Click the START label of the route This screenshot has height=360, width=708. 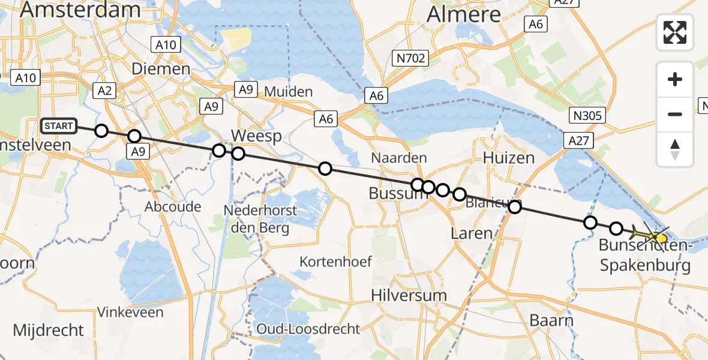click(59, 126)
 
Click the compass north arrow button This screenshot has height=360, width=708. click(675, 149)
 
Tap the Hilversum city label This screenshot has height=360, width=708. click(409, 295)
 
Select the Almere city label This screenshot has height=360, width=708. click(463, 14)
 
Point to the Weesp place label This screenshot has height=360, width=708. click(256, 136)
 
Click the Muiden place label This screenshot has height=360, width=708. click(288, 92)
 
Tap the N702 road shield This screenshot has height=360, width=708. click(410, 58)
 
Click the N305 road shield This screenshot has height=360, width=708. click(588, 116)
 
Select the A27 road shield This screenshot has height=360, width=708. click(578, 141)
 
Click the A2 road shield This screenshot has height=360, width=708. click(104, 91)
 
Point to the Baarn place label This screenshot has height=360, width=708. click(551, 320)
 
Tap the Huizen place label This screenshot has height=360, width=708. click(509, 158)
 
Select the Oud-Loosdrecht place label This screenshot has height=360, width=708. click(308, 329)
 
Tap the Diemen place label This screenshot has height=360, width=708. click(161, 69)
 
